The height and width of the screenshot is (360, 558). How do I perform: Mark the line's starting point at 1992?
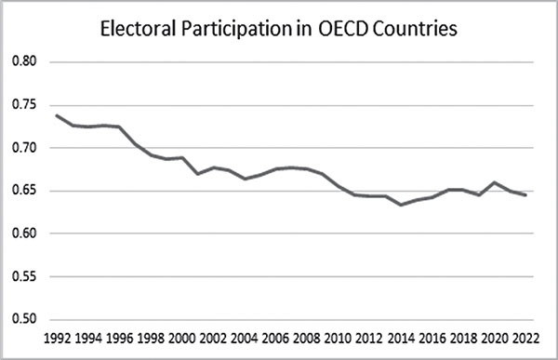pyautogui.click(x=58, y=115)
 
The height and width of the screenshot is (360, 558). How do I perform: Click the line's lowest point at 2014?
pyautogui.click(x=401, y=205)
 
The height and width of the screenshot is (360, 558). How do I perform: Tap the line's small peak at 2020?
pyautogui.click(x=494, y=182)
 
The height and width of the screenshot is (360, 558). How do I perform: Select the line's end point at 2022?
pyautogui.click(x=525, y=195)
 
